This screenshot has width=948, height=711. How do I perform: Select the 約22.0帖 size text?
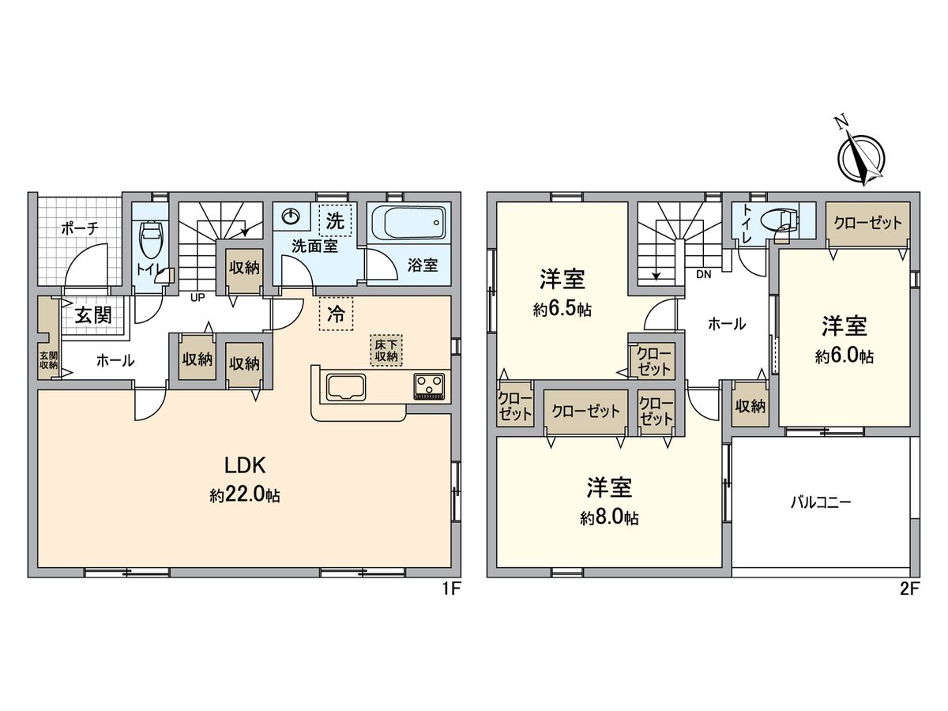pyautogui.click(x=245, y=496)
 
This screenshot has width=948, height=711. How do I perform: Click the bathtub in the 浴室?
pyautogui.click(x=408, y=222)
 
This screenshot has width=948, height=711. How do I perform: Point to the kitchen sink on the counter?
pyautogui.click(x=344, y=388)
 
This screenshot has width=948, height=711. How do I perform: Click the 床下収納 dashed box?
pyautogui.click(x=386, y=350)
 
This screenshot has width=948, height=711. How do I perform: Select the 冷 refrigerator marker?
pyautogui.click(x=336, y=314)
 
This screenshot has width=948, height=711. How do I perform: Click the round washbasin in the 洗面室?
pyautogui.click(x=292, y=216)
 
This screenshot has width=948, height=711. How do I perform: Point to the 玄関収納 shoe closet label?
pyautogui.click(x=48, y=360)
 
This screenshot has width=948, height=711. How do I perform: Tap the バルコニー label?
pyautogui.click(x=821, y=502)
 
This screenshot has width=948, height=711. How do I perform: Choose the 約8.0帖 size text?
pyautogui.click(x=608, y=518)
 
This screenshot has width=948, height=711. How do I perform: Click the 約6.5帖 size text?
pyautogui.click(x=562, y=310)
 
